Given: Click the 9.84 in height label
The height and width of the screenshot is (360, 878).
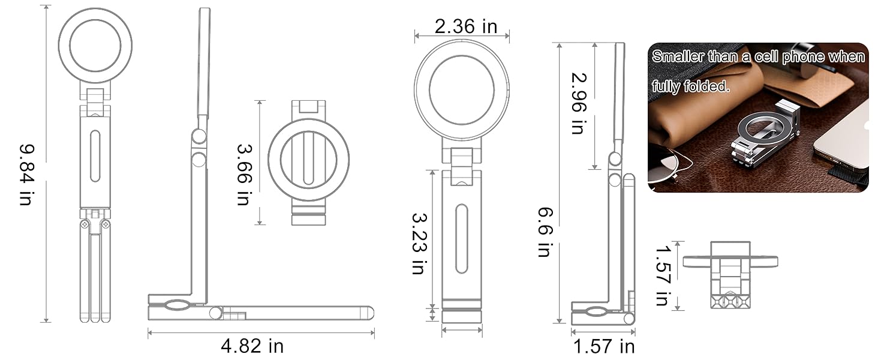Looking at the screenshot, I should click(26, 174).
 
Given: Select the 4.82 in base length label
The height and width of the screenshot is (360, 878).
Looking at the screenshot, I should click(252, 346).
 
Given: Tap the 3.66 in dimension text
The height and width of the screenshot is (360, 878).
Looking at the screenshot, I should click(243, 174).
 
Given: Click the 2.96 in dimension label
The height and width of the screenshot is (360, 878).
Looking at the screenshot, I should click(577, 103).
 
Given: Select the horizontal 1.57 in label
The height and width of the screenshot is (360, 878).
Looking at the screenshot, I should click(603, 346).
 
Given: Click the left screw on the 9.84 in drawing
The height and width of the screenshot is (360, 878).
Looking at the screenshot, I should click(85, 224).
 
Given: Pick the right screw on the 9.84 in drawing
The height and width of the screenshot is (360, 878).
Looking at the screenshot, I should click(106, 224).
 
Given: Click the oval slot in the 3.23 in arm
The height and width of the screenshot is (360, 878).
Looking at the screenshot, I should click(461, 238).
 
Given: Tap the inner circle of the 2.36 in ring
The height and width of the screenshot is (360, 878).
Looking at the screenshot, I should click(461, 90).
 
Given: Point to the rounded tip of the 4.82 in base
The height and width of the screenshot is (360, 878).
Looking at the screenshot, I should click(369, 313).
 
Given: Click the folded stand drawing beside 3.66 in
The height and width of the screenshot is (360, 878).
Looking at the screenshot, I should click(308, 162).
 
